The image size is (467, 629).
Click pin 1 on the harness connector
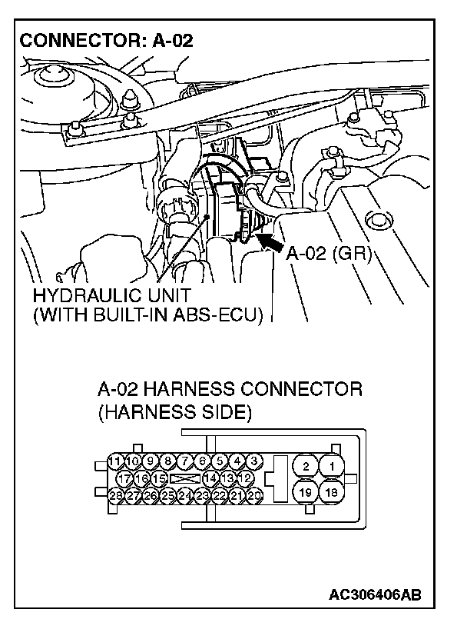click(x=333, y=466)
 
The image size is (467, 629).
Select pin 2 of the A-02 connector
click(x=306, y=466)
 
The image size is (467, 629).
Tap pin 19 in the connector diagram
click(x=306, y=492)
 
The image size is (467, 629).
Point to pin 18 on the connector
click(x=333, y=492)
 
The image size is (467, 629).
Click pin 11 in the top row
click(x=117, y=461)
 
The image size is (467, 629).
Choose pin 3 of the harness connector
click(x=254, y=461)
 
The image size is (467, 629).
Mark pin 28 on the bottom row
click(x=117, y=496)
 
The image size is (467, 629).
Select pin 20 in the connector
click(x=254, y=496)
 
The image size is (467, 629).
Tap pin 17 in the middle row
click(x=125, y=478)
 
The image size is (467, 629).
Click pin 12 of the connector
click(x=246, y=478)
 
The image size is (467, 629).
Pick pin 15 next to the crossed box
click(x=160, y=478)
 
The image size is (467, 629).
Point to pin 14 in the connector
click(x=211, y=478)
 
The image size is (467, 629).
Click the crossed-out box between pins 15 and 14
click(x=185, y=478)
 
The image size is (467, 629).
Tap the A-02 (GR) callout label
click(x=329, y=255)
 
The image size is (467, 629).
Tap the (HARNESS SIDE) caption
click(x=174, y=412)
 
